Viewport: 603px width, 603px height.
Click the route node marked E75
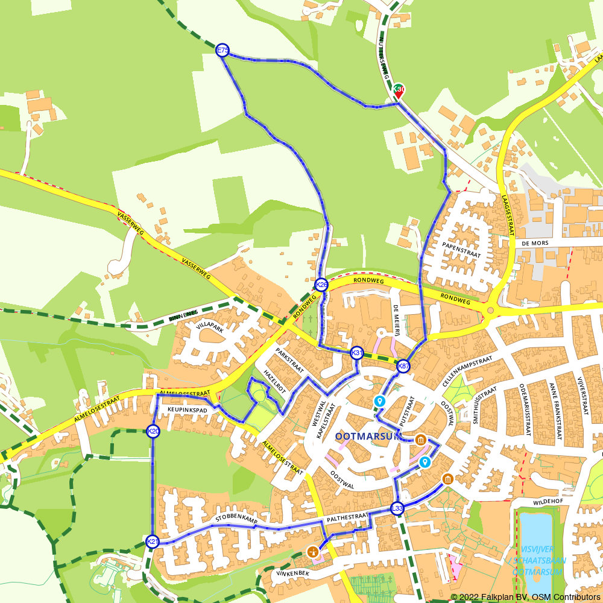point(223,50)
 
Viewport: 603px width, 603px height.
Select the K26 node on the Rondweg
point(321,285)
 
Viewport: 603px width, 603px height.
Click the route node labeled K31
point(357,353)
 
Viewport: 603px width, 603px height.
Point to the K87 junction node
point(403,366)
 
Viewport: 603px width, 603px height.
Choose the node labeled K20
point(153,431)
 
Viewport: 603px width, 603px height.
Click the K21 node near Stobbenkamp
point(153,541)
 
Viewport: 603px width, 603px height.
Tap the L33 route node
point(397,508)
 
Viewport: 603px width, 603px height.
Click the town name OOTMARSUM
point(360,436)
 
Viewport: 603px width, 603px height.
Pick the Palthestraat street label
point(347,517)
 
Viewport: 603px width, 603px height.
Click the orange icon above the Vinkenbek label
point(312,551)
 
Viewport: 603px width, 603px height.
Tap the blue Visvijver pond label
point(538,560)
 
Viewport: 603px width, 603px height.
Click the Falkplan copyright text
point(525,597)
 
